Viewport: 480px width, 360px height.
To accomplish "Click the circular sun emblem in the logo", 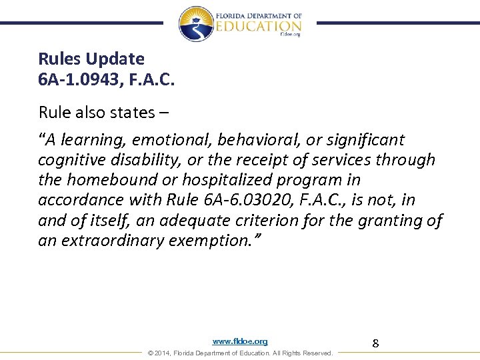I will point(196,24).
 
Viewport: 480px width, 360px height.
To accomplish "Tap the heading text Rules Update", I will point(91,59).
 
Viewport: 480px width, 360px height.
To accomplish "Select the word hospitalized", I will point(239,180).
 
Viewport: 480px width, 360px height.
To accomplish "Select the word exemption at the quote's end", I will point(217,240).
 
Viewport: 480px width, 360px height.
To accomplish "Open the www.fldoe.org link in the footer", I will point(240,341).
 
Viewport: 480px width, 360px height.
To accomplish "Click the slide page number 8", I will point(375,343).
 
